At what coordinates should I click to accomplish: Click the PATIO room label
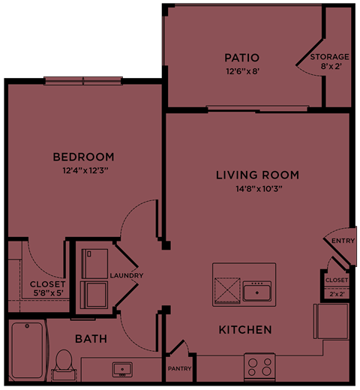click(241, 58)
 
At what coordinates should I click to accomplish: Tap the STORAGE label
click(330, 57)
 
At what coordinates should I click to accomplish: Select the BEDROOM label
click(83, 157)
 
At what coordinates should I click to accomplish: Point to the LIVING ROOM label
click(257, 175)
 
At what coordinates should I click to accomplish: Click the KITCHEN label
click(245, 330)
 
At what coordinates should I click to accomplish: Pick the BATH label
click(91, 339)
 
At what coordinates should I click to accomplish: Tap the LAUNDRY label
click(126, 275)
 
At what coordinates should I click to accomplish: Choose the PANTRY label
click(180, 368)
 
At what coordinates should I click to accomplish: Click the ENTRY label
click(343, 241)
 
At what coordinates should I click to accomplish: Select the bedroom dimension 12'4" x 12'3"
click(85, 170)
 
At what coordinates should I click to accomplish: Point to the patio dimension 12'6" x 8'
click(241, 71)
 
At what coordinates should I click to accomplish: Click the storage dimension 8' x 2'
click(330, 67)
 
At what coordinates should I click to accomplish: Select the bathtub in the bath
click(27, 351)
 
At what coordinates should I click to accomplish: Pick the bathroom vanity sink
click(121, 369)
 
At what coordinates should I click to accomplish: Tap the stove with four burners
click(260, 367)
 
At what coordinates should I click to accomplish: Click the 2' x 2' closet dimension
click(337, 293)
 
